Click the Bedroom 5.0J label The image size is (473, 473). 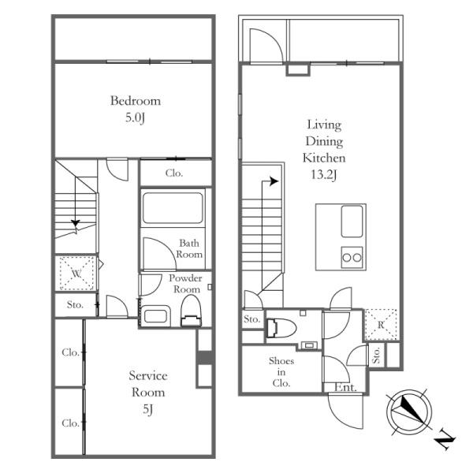[x=136, y=109]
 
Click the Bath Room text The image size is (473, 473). [x=189, y=248]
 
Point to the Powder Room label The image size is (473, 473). [x=185, y=283]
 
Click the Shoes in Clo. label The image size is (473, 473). [x=281, y=371]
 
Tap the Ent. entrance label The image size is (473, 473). [x=346, y=387]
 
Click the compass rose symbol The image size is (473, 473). [x=409, y=412]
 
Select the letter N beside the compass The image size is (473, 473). [x=445, y=442]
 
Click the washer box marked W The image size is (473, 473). [x=76, y=274]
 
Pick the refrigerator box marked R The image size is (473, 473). [x=381, y=325]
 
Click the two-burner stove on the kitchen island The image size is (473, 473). [x=352, y=257]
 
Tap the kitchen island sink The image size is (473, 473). [x=352, y=221]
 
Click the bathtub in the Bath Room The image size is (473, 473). [x=173, y=208]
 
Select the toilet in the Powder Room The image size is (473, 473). [x=191, y=311]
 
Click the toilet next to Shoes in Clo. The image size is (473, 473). [x=281, y=328]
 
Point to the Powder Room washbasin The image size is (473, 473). [x=155, y=316]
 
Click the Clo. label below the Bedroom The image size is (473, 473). [x=174, y=173]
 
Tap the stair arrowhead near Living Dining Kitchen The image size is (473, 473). [x=274, y=181]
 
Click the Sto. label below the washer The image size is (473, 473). [x=75, y=304]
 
